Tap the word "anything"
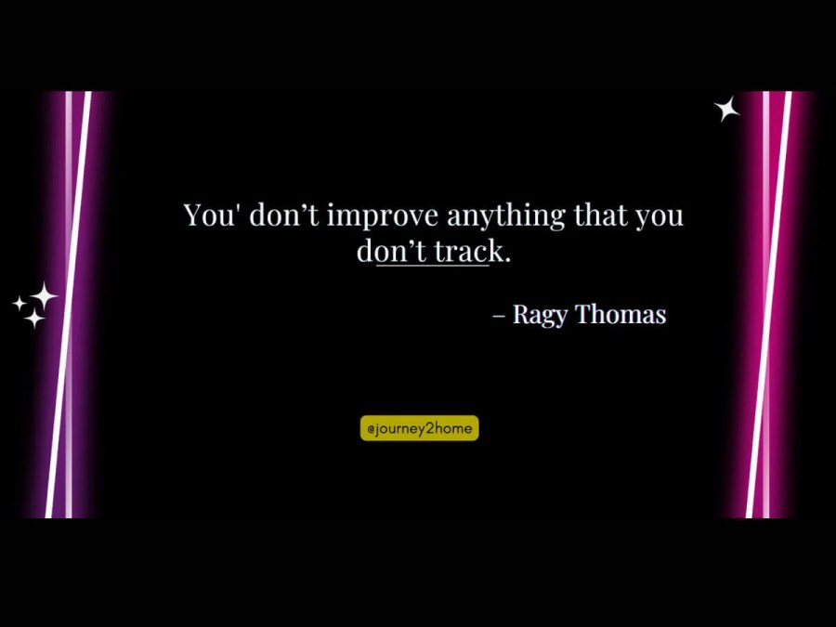tap(506, 216)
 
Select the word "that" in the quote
tap(600, 215)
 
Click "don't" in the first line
tap(283, 215)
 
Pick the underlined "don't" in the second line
tap(391, 251)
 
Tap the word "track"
tap(467, 251)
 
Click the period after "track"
tap(507, 260)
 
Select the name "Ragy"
tap(540, 315)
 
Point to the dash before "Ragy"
tap(499, 315)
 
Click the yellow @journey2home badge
tap(420, 428)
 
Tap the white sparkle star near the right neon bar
tap(726, 109)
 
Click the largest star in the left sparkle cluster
tap(43, 296)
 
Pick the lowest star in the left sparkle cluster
tap(34, 319)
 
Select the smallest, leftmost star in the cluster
tap(20, 304)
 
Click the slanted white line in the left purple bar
tap(68, 305)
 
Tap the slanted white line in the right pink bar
tap(768, 305)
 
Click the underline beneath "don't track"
tap(432, 265)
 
